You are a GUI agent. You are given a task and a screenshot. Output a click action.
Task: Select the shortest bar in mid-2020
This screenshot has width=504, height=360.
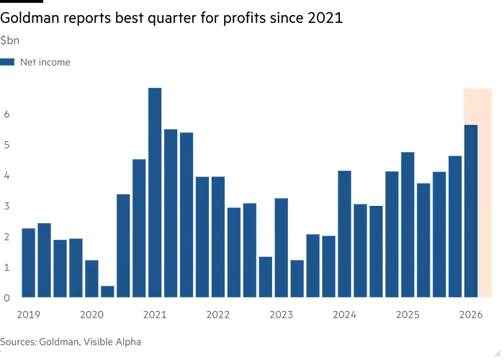click(x=107, y=291)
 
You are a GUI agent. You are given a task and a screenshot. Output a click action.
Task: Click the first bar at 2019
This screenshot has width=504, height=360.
click(x=28, y=262)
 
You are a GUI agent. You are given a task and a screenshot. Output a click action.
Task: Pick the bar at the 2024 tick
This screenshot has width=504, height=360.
click(x=344, y=233)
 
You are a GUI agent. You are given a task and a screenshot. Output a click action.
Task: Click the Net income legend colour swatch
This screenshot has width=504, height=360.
click(x=8, y=63)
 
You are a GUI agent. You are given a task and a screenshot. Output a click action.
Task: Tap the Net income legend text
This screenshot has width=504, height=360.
click(x=45, y=63)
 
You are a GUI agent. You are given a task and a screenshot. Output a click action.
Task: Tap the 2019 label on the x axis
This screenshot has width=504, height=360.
click(x=29, y=314)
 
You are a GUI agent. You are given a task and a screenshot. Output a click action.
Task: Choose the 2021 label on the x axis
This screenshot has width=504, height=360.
click(x=155, y=314)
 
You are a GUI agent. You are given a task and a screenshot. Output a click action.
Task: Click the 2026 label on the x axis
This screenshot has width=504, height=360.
click(x=471, y=314)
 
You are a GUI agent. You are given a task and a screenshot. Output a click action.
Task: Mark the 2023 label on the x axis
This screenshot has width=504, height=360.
click(x=282, y=314)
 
